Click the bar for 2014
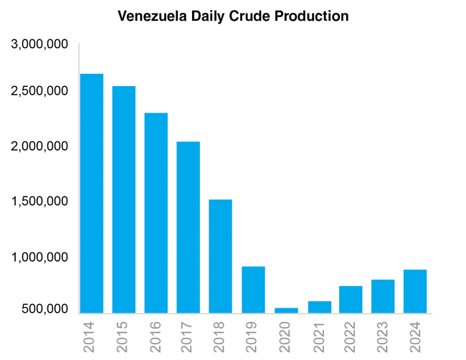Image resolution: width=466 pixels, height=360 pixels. tap(91, 194)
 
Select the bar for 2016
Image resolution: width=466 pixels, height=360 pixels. tap(156, 213)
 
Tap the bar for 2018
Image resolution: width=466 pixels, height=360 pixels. tap(221, 256)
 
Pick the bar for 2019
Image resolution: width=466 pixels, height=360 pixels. tap(253, 290)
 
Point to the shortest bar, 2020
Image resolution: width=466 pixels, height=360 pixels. tap(285, 311)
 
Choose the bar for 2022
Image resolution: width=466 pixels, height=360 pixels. tap(351, 300)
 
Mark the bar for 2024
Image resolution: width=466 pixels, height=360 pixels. tap(415, 291)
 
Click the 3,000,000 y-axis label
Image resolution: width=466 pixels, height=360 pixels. tap(40, 44)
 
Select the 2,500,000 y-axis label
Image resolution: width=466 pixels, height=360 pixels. tap(40, 91)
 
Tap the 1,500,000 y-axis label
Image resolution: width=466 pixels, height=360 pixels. tap(40, 202)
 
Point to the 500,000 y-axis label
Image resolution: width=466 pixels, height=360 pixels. tap(45, 309)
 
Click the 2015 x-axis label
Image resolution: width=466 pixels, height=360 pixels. tap(123, 336)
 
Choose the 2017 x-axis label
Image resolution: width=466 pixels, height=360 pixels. tap(188, 336)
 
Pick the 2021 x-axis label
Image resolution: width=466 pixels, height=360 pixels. tap(318, 336)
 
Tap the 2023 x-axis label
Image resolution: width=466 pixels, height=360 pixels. tap(383, 336)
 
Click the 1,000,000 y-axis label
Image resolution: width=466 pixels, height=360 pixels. tap(40, 257)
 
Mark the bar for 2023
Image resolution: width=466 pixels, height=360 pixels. tap(383, 296)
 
